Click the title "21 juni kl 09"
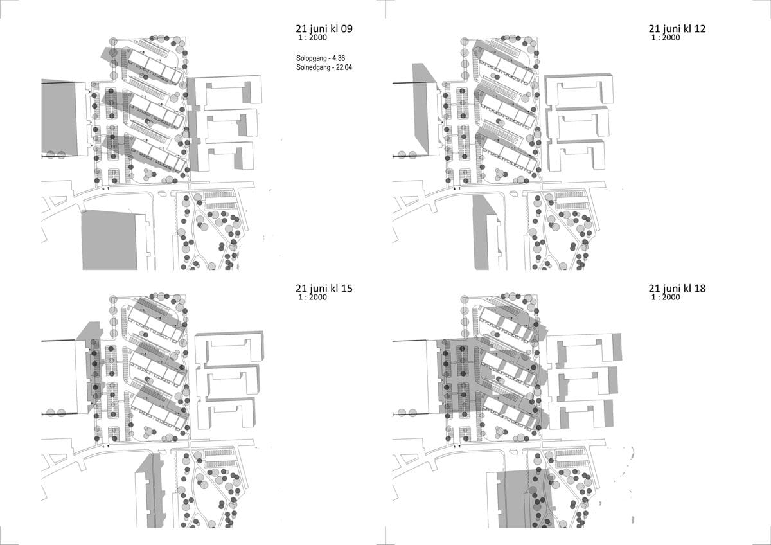(324, 28)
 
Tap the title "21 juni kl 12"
(677, 28)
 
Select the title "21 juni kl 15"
(324, 288)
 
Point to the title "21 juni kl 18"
(677, 288)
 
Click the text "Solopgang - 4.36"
(321, 58)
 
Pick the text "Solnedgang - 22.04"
(324, 67)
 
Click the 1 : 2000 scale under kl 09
(312, 37)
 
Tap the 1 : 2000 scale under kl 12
(666, 37)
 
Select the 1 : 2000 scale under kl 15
(312, 297)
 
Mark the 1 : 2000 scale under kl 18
(666, 297)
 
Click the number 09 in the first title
(346, 28)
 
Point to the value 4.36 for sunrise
(339, 58)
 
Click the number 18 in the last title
(700, 288)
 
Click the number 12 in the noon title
(700, 28)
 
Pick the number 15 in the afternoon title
(346, 288)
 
